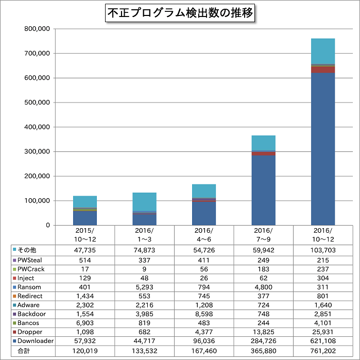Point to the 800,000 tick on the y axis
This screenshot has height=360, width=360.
[x=37, y=29]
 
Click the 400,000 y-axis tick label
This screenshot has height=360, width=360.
[x=37, y=127]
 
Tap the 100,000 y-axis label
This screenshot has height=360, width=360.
[x=37, y=201]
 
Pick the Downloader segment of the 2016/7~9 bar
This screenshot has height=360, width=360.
[x=263, y=190]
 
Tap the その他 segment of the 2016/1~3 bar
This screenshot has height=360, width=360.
[x=145, y=201]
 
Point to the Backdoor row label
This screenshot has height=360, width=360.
[x=31, y=314]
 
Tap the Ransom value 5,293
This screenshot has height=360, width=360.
[x=145, y=287]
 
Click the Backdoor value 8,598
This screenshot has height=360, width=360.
[x=204, y=314]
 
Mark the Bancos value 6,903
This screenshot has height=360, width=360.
[x=85, y=323]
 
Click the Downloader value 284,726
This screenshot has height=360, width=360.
[x=263, y=341]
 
